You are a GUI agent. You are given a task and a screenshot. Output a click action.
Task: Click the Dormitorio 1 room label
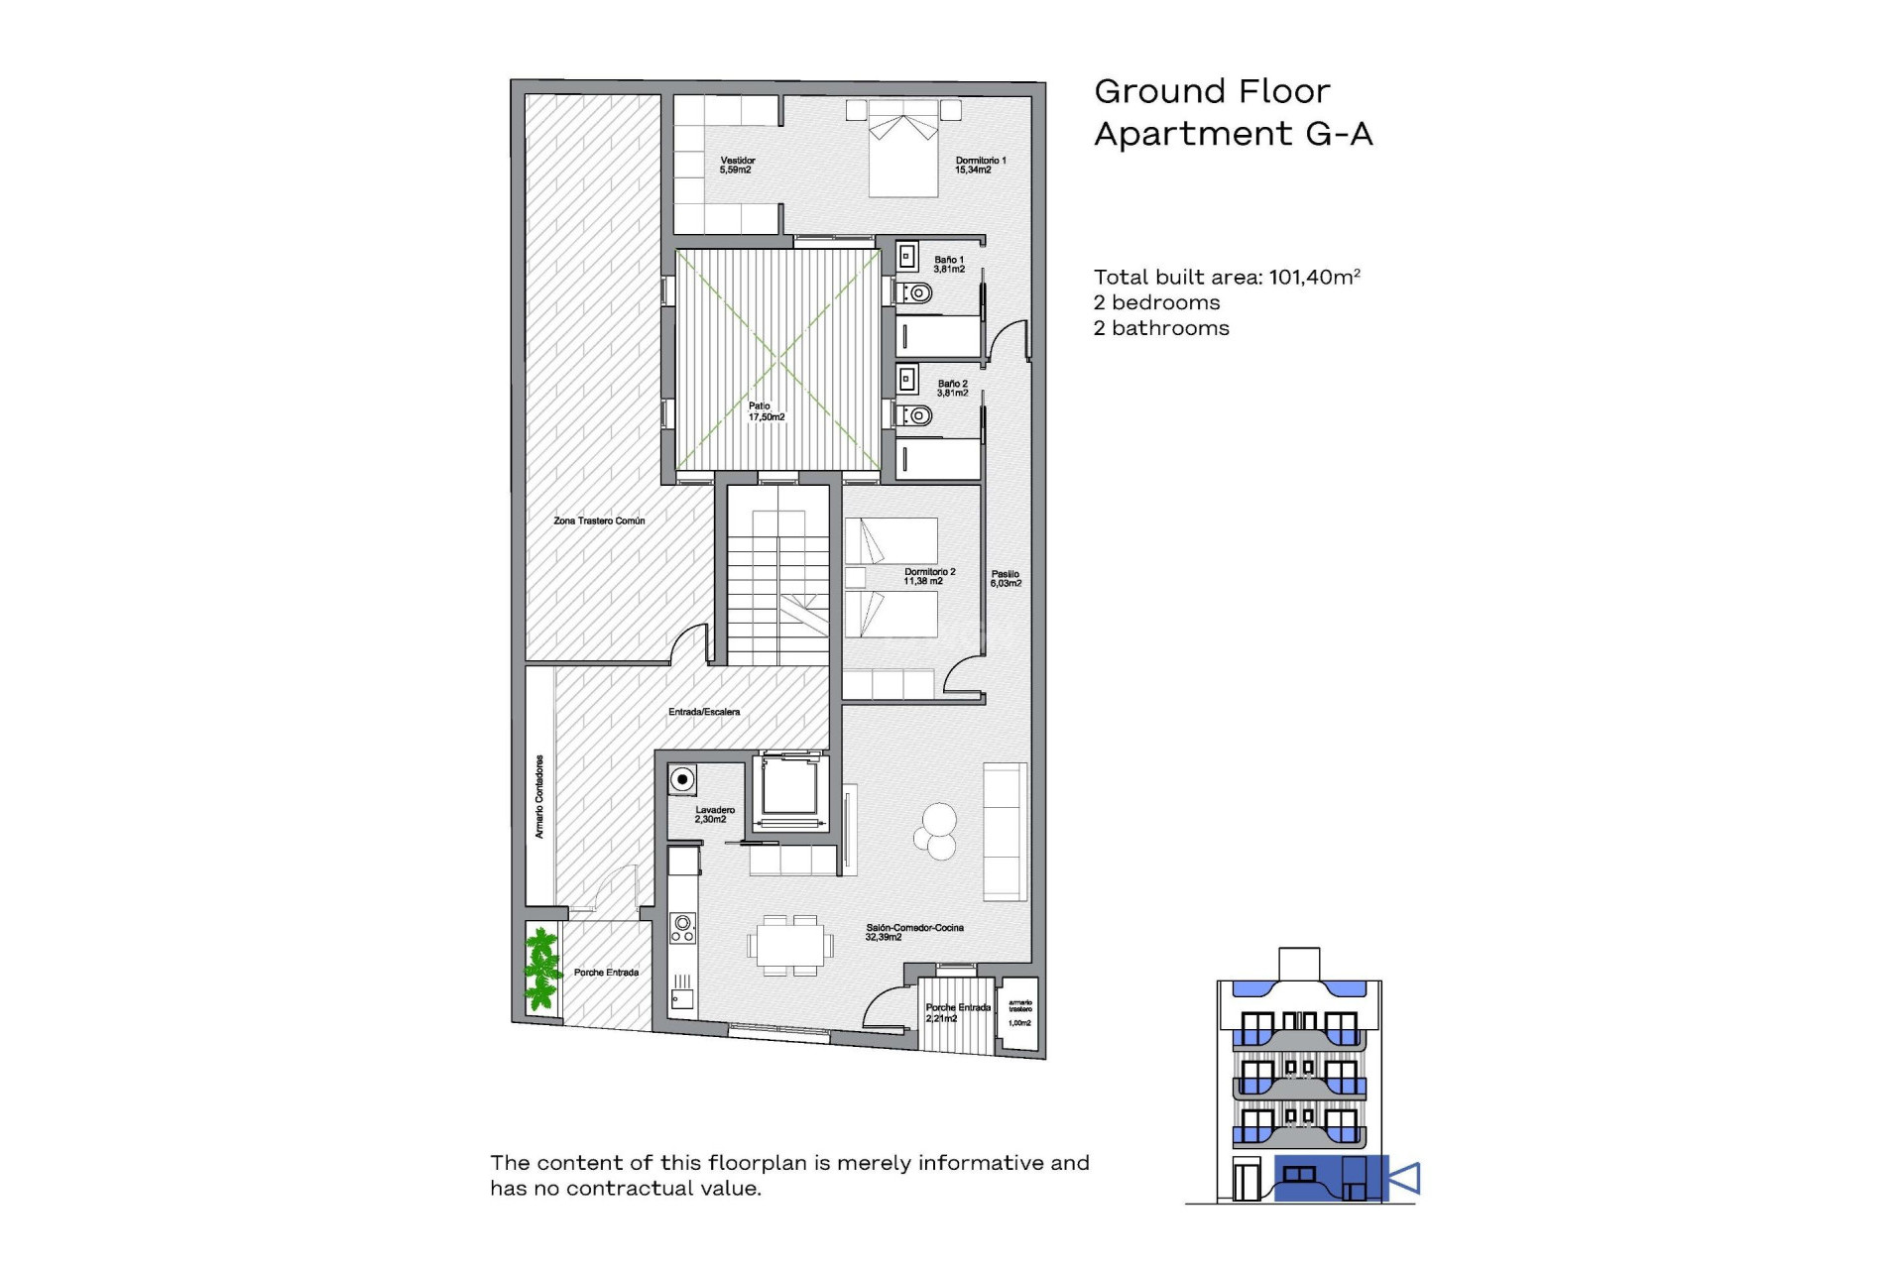pyautogui.click(x=980, y=166)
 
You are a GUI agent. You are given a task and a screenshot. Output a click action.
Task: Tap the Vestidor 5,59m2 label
pyautogui.click(x=737, y=166)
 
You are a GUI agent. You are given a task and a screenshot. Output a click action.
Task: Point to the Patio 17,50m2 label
pyautogui.click(x=766, y=411)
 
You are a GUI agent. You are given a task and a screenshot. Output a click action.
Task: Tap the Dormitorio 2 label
pyautogui.click(x=929, y=576)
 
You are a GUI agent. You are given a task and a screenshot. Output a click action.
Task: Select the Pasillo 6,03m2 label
pyautogui.click(x=1005, y=579)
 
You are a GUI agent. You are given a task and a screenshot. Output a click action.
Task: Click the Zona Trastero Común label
pyautogui.click(x=599, y=520)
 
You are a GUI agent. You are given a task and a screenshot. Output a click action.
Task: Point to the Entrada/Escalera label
pyautogui.click(x=704, y=712)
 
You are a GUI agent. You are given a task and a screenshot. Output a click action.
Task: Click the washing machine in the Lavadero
pyautogui.click(x=682, y=779)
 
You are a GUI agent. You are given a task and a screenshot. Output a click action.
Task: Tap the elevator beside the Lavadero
pyautogui.click(x=789, y=790)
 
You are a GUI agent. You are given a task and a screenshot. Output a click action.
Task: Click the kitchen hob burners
pyautogui.click(x=682, y=928)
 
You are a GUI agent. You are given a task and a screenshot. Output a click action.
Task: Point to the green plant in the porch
pyautogui.click(x=541, y=969)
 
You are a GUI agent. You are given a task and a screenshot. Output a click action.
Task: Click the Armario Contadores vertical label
pyautogui.click(x=539, y=797)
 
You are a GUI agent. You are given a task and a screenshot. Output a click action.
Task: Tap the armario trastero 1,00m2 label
pyautogui.click(x=1019, y=1012)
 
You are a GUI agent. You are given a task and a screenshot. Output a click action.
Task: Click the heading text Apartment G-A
pyautogui.click(x=1233, y=134)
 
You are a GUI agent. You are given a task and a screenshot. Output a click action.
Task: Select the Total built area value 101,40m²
pyautogui.click(x=1314, y=278)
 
